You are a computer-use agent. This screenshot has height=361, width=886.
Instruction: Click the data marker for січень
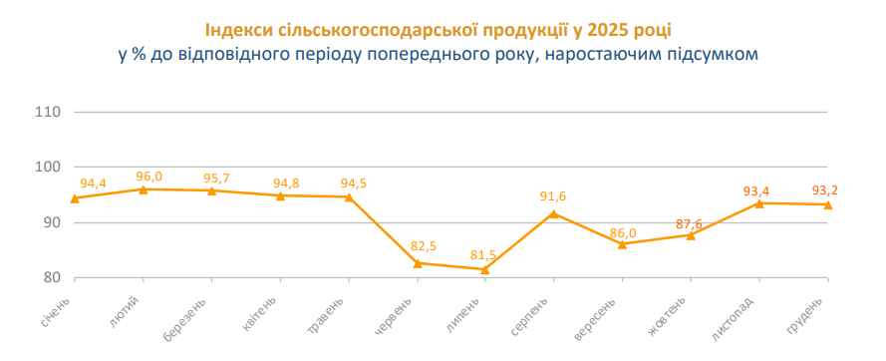click(75, 197)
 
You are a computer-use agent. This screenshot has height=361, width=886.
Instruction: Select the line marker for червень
click(417, 263)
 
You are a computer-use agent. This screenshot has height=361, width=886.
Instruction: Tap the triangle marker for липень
click(484, 269)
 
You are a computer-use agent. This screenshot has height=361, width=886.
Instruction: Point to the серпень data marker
click(553, 213)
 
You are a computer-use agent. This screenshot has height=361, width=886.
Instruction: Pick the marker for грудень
click(827, 204)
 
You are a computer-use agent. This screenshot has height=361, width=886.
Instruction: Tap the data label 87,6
click(689, 223)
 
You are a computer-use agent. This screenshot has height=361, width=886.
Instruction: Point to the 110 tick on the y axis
click(49, 111)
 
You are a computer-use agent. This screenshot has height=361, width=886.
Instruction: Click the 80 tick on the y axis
click(53, 278)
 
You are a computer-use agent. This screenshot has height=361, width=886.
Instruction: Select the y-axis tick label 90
click(53, 222)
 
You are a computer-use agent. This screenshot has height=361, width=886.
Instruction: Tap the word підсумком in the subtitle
click(714, 54)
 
